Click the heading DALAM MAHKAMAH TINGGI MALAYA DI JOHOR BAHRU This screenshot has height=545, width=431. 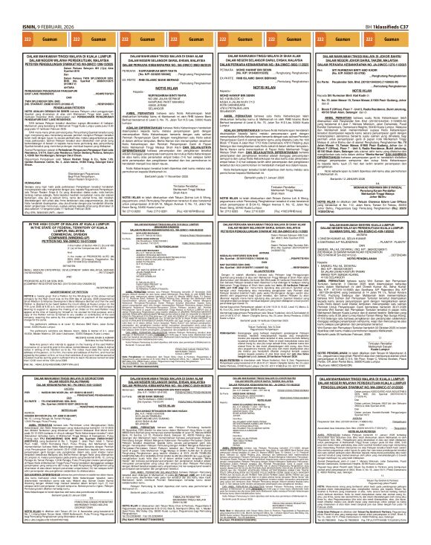[x=372, y=56]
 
